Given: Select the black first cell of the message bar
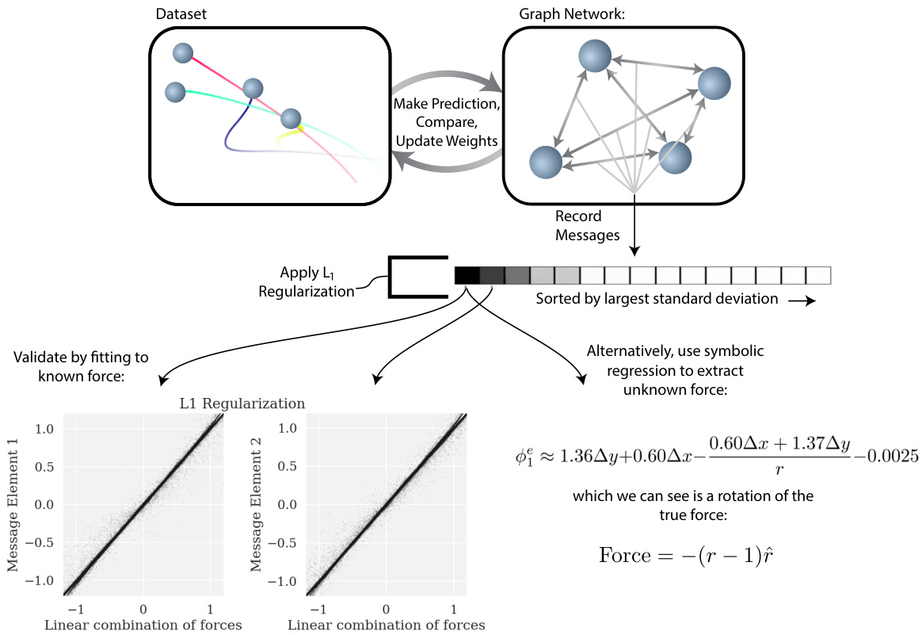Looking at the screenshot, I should point(467,275).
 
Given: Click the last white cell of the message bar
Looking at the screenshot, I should point(817,275).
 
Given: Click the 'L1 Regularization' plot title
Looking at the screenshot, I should point(242,404).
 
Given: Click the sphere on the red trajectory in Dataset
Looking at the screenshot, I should point(182,53).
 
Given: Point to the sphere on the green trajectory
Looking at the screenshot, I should point(175,92).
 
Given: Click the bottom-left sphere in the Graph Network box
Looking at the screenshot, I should point(546,162).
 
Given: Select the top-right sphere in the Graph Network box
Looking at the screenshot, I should point(714,82).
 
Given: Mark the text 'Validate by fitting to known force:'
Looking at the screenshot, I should point(82,365).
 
